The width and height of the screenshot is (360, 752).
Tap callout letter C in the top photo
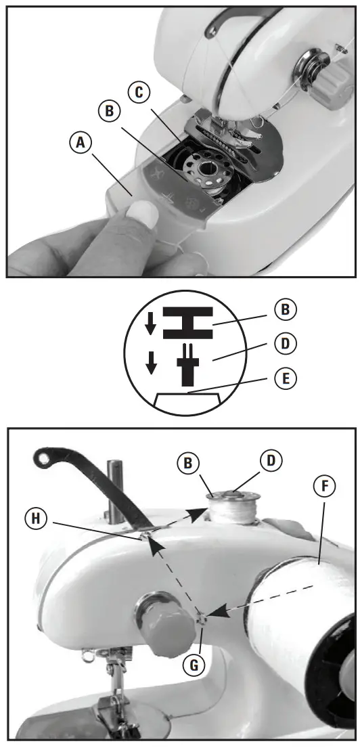coord(139,93)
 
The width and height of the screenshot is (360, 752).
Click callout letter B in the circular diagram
coord(286,309)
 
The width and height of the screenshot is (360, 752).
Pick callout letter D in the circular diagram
coord(286,344)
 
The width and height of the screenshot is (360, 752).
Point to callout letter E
coord(286,379)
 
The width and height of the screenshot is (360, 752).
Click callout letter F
coord(325,487)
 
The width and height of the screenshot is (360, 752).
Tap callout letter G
coord(195,665)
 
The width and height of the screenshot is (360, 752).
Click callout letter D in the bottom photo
coord(271,461)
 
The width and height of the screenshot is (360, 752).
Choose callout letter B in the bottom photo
coord(188,464)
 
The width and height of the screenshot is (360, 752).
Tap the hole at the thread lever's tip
coord(43,459)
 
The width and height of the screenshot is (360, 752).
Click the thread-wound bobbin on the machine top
coord(233,508)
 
